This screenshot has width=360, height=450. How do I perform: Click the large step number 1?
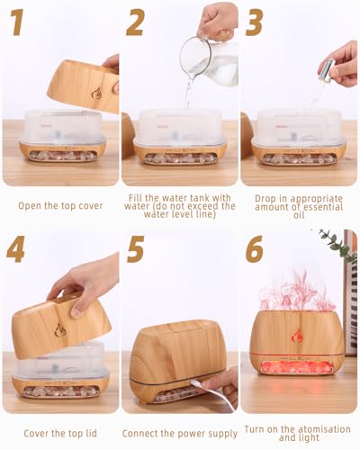tap(15, 22)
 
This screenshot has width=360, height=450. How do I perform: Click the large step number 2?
tap(134, 22)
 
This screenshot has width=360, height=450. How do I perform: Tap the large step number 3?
tap(255, 22)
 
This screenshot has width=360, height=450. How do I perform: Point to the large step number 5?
tap(135, 249)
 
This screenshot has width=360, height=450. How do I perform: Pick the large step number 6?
tap(255, 249)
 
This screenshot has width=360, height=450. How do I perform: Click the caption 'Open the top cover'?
tap(59, 206)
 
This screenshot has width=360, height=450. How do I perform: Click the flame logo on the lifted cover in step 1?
tap(95, 93)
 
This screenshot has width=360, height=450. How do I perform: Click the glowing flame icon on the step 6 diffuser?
tap(297, 336)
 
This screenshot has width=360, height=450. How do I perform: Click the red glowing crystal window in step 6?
tap(296, 367)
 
